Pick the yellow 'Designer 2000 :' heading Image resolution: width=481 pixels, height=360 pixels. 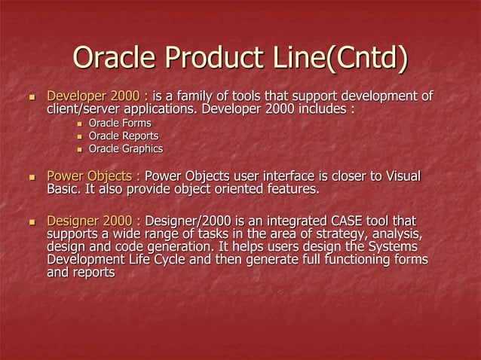click(95, 221)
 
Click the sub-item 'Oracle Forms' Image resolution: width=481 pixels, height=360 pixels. click(119, 123)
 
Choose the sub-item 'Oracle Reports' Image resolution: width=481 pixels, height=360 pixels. click(124, 136)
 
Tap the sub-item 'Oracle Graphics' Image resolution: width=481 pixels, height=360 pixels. click(126, 148)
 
